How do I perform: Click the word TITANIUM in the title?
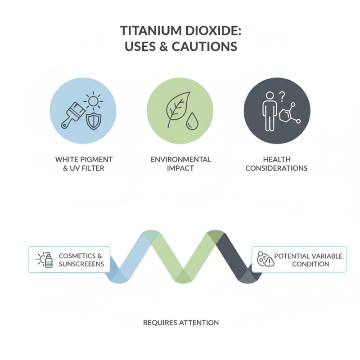(151, 31)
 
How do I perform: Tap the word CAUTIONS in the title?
(204, 46)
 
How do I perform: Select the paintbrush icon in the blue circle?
(73, 115)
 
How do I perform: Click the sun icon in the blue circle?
(93, 101)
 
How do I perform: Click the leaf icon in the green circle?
(178, 109)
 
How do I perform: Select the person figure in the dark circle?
(270, 111)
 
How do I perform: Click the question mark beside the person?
(282, 97)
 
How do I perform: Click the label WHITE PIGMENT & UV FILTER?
(84, 164)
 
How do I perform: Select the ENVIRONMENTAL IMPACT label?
(181, 164)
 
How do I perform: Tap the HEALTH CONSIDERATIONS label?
(276, 164)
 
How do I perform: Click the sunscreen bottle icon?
(49, 260)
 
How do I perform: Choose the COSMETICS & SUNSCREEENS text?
(81, 260)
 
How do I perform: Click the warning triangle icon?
(269, 261)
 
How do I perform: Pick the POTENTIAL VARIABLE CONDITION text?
(308, 260)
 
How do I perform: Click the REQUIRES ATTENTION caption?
(181, 323)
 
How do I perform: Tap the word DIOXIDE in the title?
(213, 31)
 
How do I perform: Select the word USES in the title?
(140, 46)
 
